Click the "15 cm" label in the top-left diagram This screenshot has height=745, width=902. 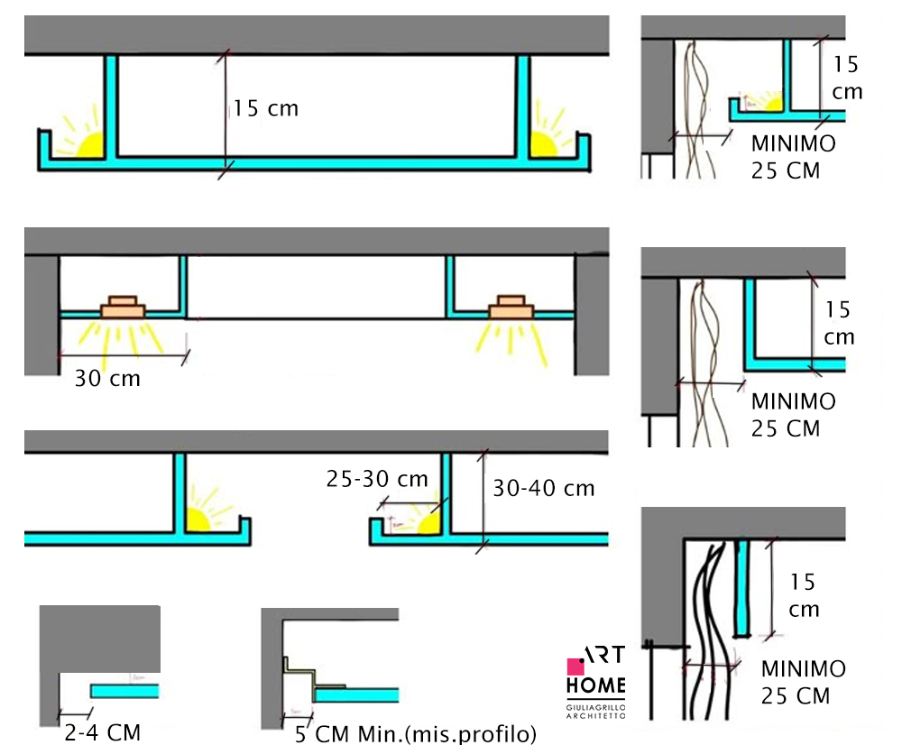[265, 109]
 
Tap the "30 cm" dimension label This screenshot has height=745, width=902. [107, 378]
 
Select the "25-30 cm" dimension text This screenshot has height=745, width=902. [377, 479]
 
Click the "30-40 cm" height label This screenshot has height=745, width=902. [543, 488]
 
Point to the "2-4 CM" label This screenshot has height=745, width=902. [101, 731]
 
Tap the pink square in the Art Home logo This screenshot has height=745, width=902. [575, 667]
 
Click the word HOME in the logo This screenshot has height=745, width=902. [596, 686]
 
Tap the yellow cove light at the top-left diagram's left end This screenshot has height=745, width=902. [90, 145]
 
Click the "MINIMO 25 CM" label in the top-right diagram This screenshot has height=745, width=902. [793, 156]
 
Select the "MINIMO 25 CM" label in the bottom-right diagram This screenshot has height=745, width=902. [802, 683]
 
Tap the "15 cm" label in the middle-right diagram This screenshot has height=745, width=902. [839, 324]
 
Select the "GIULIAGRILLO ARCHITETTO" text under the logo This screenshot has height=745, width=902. [596, 710]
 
